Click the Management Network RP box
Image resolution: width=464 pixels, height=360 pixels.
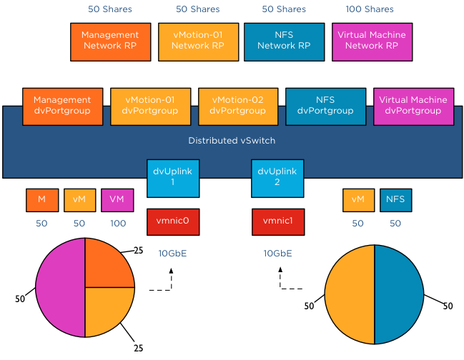[x=109, y=40]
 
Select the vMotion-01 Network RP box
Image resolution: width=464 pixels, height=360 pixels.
[x=197, y=40]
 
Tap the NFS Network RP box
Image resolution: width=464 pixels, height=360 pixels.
[x=283, y=40]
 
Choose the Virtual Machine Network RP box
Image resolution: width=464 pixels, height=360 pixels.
[x=370, y=40]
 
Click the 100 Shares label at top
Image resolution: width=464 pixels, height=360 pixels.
[x=370, y=9]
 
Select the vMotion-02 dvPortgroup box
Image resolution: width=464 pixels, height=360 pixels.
[x=238, y=106]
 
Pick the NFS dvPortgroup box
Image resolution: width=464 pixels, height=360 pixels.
[x=325, y=106]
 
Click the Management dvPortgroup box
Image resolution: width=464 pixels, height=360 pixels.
[x=63, y=106]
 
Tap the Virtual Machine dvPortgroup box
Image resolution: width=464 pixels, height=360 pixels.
[x=413, y=106]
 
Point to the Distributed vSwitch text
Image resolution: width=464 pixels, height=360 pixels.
[x=232, y=141]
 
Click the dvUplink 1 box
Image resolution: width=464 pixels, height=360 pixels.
[x=173, y=178]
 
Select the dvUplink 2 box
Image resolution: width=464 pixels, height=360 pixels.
[x=278, y=178]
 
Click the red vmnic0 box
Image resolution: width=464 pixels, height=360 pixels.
[x=173, y=221]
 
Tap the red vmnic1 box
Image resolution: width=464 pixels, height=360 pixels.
[x=278, y=221]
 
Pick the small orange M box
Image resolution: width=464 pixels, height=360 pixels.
[x=42, y=200]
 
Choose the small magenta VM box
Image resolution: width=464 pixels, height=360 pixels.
[x=117, y=200]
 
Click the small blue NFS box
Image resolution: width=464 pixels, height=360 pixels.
[x=395, y=200]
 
